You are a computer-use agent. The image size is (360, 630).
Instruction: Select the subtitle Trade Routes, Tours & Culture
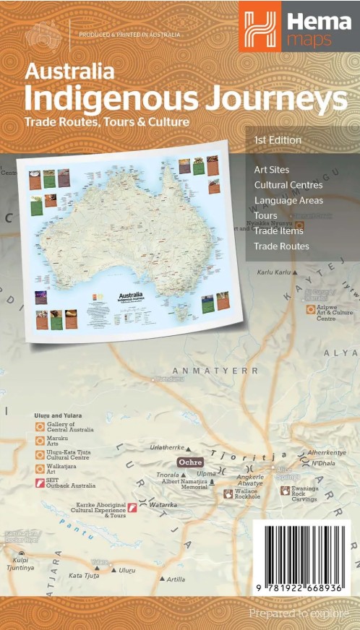coord(107,121)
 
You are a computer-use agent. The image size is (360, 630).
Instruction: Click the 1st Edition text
coord(278,139)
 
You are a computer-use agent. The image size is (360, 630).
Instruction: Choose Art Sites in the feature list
coord(272,170)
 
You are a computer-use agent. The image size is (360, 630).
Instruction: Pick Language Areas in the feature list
coord(288,200)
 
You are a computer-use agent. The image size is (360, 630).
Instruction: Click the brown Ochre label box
coord(190,461)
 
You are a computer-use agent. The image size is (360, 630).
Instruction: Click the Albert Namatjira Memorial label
coord(185,483)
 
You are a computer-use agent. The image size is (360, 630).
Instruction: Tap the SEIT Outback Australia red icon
coord(40,482)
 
